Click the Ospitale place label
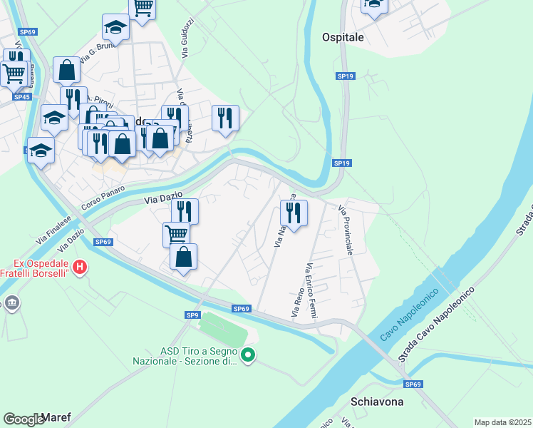pyautogui.click(x=343, y=37)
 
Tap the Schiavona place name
pyautogui.click(x=377, y=402)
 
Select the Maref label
pyautogui.click(x=56, y=417)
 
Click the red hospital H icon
pyautogui.click(x=80, y=267)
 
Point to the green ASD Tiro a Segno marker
pyautogui.click(x=248, y=355)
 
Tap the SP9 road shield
pyautogui.click(x=192, y=315)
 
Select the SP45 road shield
pyautogui.click(x=22, y=97)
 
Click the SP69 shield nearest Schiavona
pyautogui.click(x=413, y=384)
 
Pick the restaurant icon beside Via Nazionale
pyautogui.click(x=293, y=213)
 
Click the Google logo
pyautogui.click(x=24, y=419)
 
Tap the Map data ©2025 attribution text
pyautogui.click(x=503, y=422)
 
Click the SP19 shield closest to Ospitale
pyautogui.click(x=345, y=76)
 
